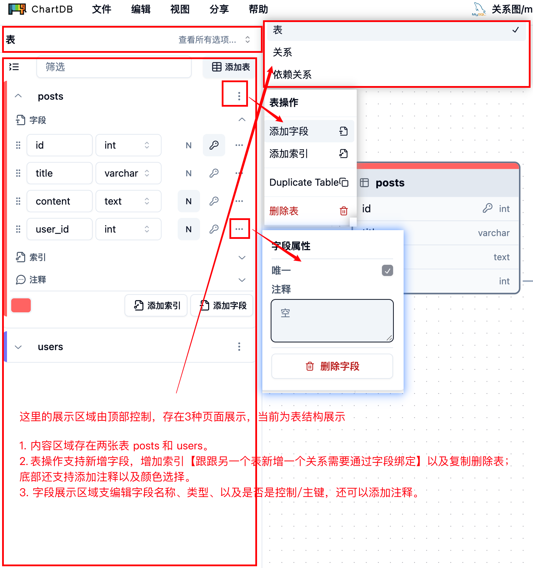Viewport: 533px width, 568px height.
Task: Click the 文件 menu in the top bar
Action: click(x=101, y=9)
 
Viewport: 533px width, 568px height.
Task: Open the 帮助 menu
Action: click(x=258, y=9)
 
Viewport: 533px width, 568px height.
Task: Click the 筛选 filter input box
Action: click(x=114, y=67)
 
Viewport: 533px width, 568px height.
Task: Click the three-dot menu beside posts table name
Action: click(x=239, y=96)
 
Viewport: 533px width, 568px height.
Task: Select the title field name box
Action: click(x=59, y=173)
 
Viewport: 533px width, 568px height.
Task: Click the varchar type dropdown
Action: click(x=128, y=173)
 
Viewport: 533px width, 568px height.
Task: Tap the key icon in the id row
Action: click(x=214, y=145)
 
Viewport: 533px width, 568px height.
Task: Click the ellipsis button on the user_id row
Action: click(x=239, y=229)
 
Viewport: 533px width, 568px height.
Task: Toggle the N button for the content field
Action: click(x=189, y=201)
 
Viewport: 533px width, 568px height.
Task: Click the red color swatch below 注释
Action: click(x=21, y=305)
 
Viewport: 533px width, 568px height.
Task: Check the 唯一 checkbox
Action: click(x=387, y=270)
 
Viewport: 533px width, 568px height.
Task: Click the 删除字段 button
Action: click(x=332, y=366)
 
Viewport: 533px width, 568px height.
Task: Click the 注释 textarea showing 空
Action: click(x=332, y=321)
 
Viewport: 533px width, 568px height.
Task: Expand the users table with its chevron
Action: click(x=18, y=347)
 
